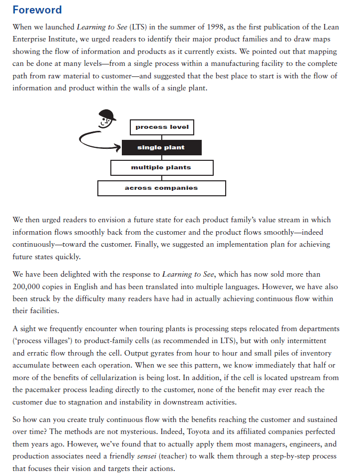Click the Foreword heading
coord(37,10)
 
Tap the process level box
coord(162,127)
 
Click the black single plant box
coord(161,148)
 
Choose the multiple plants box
coord(161,168)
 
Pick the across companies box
coord(161,188)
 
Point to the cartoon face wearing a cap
coord(106,119)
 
